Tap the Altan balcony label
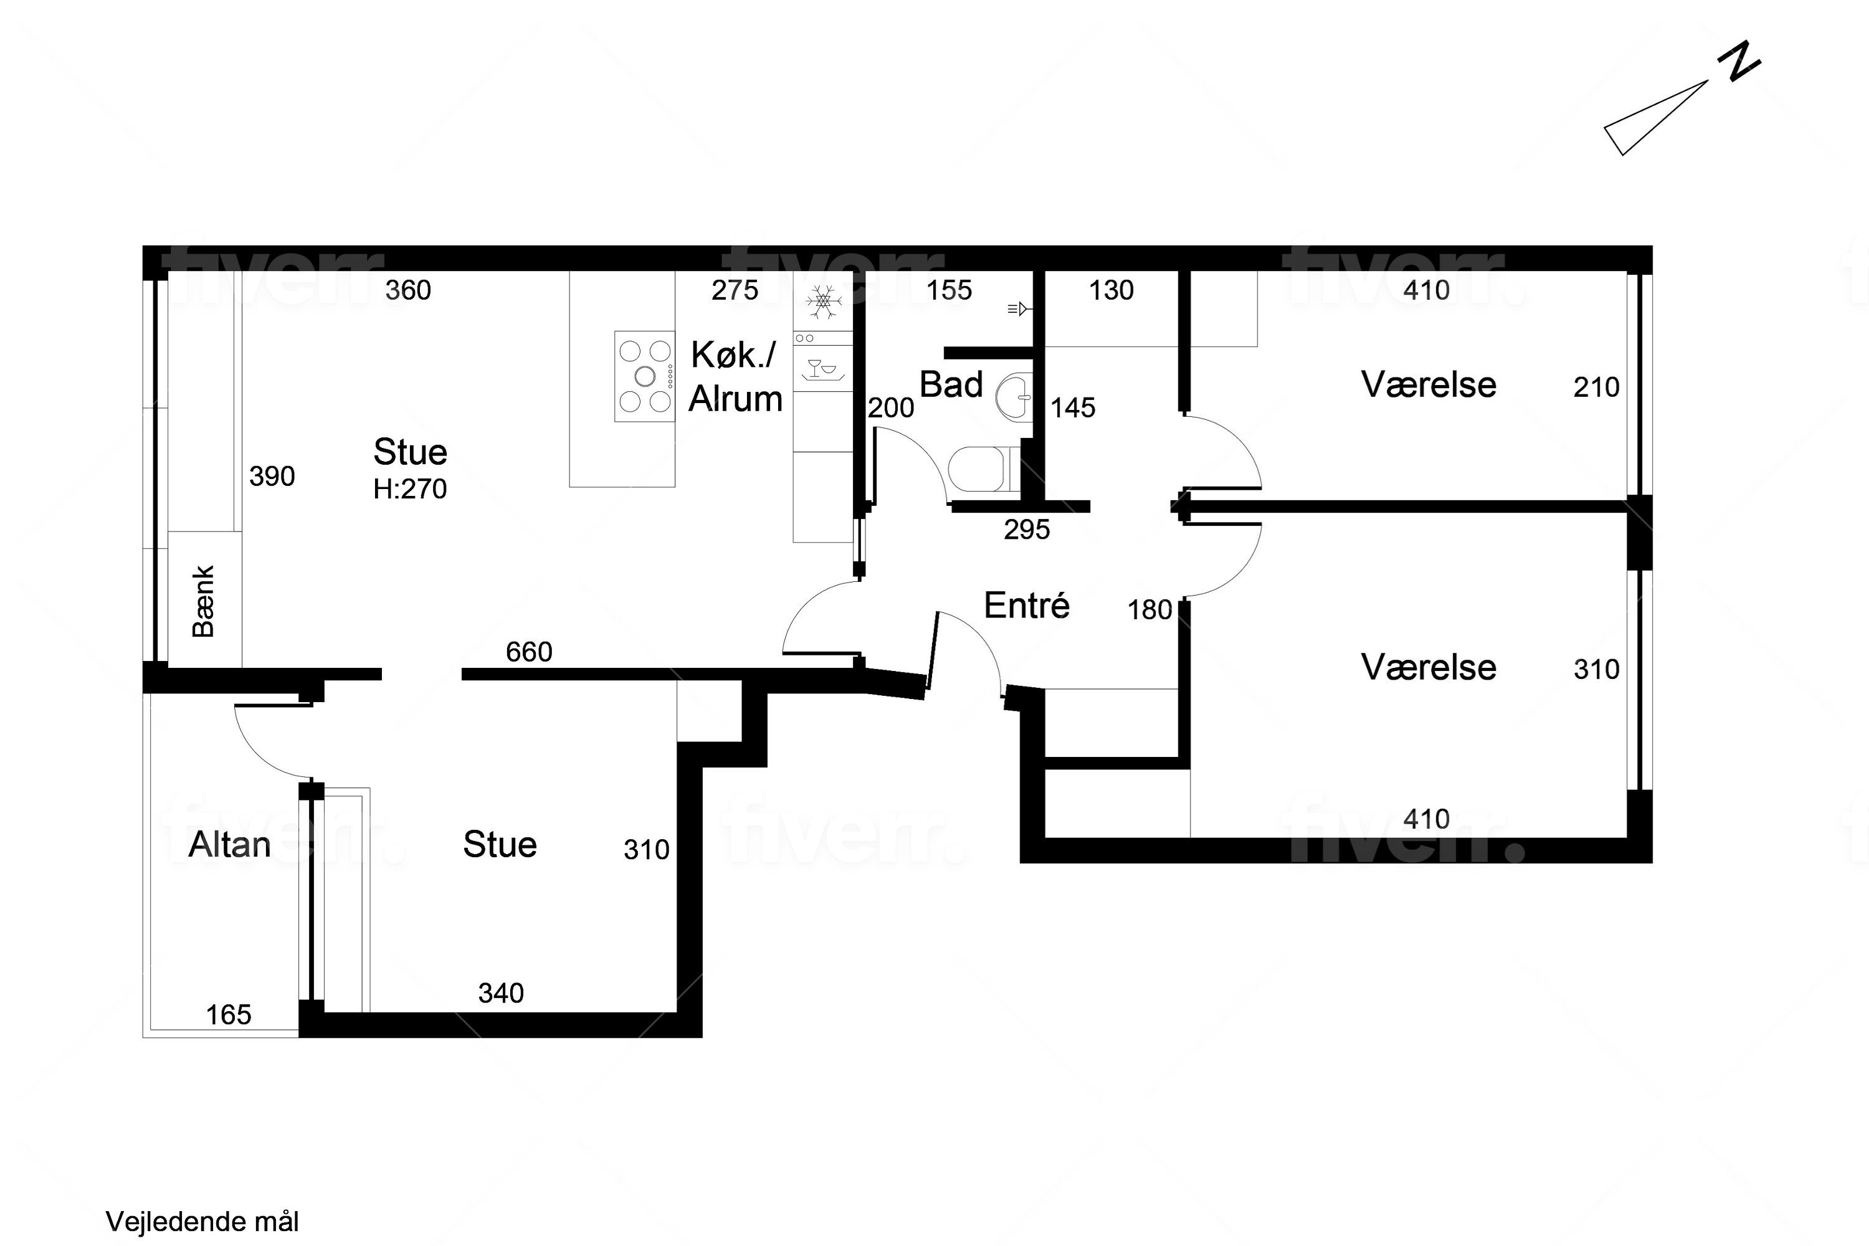(230, 844)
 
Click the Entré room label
(1027, 606)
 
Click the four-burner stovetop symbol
(644, 376)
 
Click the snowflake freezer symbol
(823, 302)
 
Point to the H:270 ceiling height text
(410, 488)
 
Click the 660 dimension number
(529, 652)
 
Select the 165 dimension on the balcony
(229, 1015)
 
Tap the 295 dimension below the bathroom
(1027, 529)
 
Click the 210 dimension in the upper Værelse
(1596, 387)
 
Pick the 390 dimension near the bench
(272, 476)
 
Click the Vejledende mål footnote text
(202, 1221)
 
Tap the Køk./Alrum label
(735, 377)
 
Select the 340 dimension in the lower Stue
(502, 992)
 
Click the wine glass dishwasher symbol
(822, 368)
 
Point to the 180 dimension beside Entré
(1150, 609)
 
